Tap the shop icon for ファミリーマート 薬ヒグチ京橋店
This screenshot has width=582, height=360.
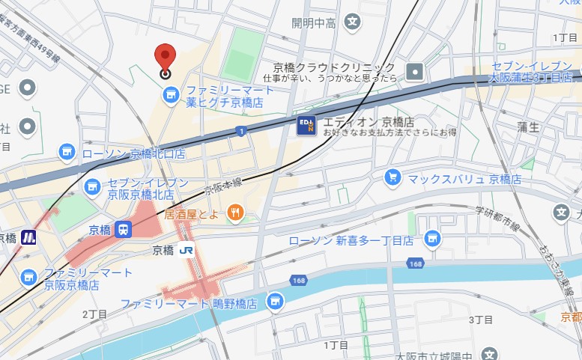tap(171, 94)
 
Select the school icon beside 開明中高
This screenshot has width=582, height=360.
tap(352, 22)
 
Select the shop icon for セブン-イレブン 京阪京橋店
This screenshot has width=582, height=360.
tap(93, 186)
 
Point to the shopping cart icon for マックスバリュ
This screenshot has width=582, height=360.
tap(392, 177)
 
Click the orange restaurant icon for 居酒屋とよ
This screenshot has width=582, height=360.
tap(235, 213)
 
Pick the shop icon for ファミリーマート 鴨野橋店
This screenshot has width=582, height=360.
tap(274, 300)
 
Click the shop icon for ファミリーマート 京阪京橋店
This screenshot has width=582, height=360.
tap(28, 277)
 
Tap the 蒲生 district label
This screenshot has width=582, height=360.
tap(528, 126)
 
